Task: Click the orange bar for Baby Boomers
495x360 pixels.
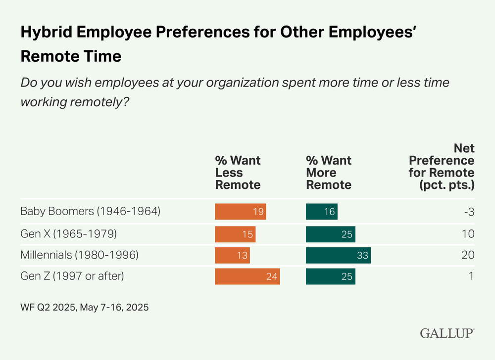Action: pyautogui.click(x=241, y=212)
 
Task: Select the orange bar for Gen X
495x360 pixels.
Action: pyautogui.click(x=235, y=233)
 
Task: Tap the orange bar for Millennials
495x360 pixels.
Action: pyautogui.click(x=232, y=255)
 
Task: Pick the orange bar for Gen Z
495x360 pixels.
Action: pyautogui.click(x=247, y=276)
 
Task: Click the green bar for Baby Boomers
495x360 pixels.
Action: pyautogui.click(x=321, y=212)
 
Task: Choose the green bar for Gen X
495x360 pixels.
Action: pyautogui.click(x=330, y=233)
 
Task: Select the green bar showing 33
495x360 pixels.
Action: pyautogui.click(x=338, y=255)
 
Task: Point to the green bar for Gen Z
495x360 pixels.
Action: pyautogui.click(x=330, y=276)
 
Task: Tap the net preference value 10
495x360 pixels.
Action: pyautogui.click(x=468, y=233)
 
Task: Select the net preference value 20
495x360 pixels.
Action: pyautogui.click(x=468, y=255)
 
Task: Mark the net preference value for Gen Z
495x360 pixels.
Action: pyautogui.click(x=471, y=276)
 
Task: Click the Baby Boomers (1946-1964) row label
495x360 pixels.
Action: pyautogui.click(x=90, y=212)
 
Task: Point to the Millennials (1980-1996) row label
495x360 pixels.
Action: pyautogui.click(x=79, y=255)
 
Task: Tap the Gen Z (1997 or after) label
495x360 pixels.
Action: pyautogui.click(x=72, y=276)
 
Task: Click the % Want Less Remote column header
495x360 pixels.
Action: pyautogui.click(x=238, y=173)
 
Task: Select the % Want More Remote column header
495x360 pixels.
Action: pyautogui.click(x=329, y=173)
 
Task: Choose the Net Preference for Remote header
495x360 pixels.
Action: pyautogui.click(x=442, y=167)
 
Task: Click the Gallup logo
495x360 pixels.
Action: pyautogui.click(x=447, y=333)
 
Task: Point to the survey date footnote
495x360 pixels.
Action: pyautogui.click(x=85, y=307)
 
